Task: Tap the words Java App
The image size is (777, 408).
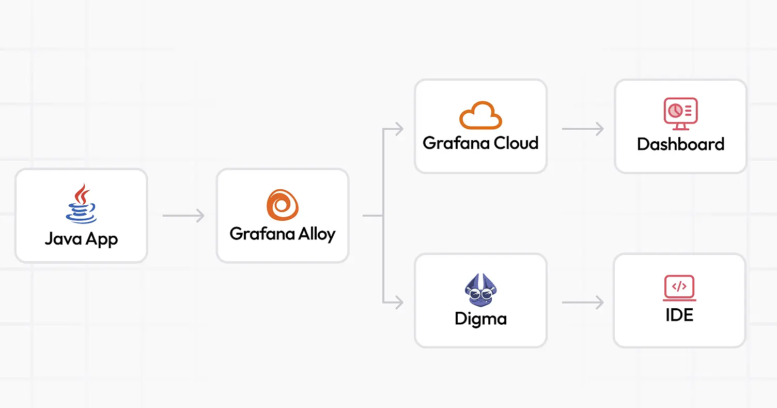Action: tap(82, 239)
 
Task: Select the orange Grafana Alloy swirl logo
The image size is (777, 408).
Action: tap(283, 205)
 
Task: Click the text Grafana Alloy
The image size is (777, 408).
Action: tap(283, 234)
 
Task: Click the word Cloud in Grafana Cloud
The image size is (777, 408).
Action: tap(516, 143)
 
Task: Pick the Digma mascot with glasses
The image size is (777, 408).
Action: tap(481, 290)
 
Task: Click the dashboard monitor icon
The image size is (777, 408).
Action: tap(680, 114)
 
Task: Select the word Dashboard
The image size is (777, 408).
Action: tap(680, 144)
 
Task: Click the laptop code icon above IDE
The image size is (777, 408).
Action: tap(679, 288)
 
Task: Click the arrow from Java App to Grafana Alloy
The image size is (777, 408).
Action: tap(183, 216)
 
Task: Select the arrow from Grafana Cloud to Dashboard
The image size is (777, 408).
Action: tap(583, 129)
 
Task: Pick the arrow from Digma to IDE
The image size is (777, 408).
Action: tap(583, 303)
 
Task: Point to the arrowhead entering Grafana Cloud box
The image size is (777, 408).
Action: tap(399, 129)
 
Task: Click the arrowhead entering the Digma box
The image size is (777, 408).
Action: tap(399, 303)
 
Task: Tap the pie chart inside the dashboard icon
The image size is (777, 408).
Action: tap(675, 111)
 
